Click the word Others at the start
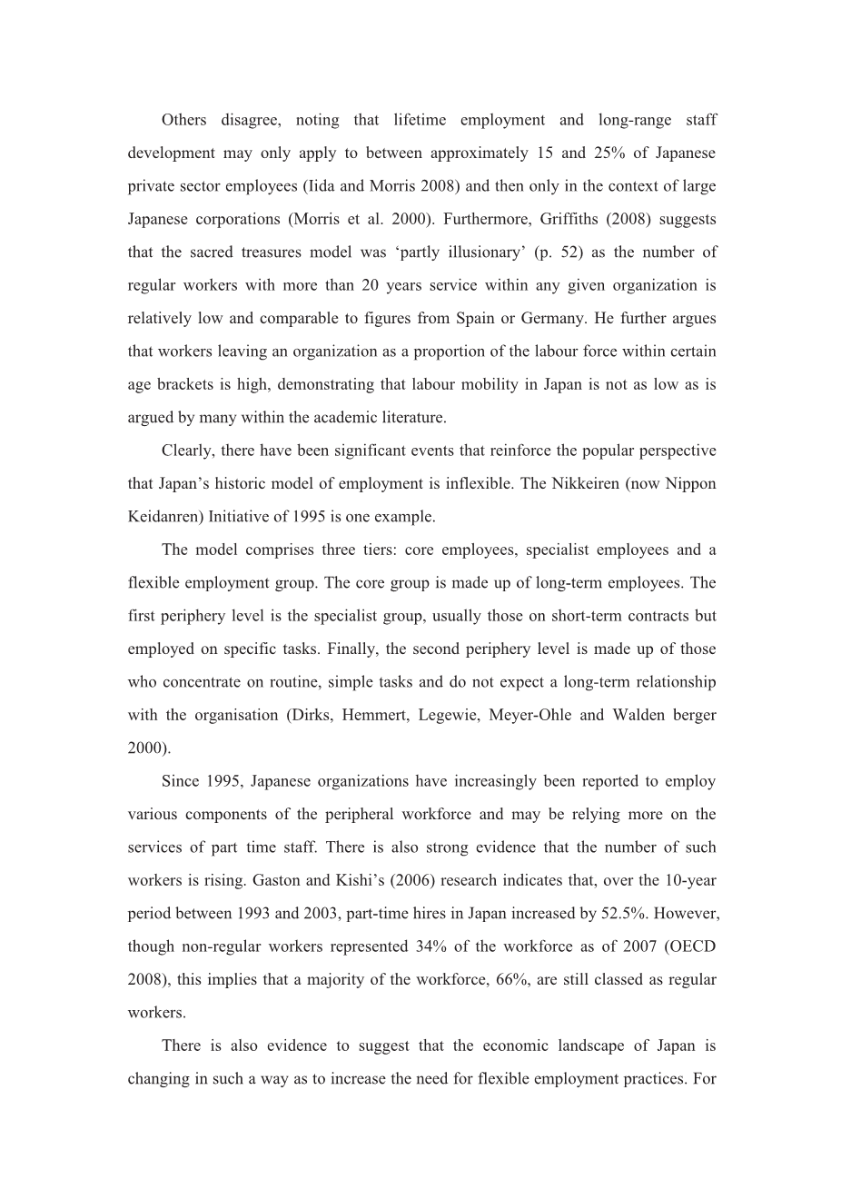pos(183,120)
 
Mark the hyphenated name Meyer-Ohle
pos(530,715)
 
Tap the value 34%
pos(432,946)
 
